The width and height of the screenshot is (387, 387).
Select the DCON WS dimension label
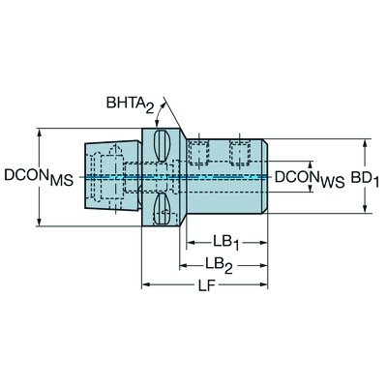pyautogui.click(x=309, y=177)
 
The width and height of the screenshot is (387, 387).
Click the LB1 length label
pyautogui.click(x=226, y=240)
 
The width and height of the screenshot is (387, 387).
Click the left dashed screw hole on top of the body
pyautogui.click(x=199, y=153)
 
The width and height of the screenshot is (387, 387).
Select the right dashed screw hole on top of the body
pyautogui.click(x=239, y=153)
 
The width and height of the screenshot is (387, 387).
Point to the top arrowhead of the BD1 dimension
pyautogui.click(x=366, y=144)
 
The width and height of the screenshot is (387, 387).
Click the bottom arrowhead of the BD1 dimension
pyautogui.click(x=366, y=208)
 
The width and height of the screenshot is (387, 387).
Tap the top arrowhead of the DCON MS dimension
pyautogui.click(x=39, y=133)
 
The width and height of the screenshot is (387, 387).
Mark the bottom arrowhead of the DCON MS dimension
pyautogui.click(x=39, y=223)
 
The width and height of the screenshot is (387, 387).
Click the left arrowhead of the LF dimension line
pyautogui.click(x=148, y=283)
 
